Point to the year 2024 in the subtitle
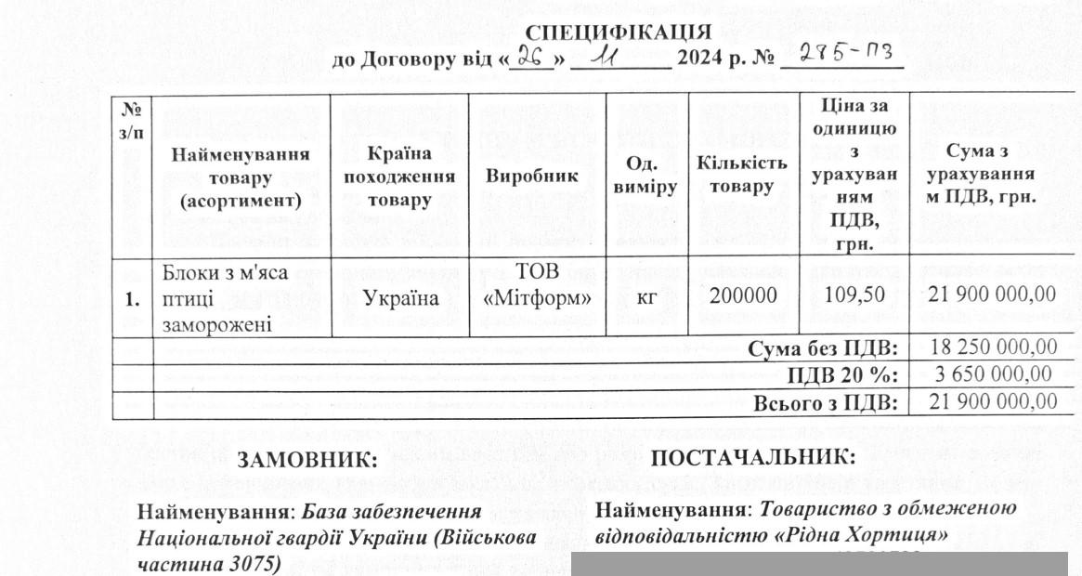(706, 59)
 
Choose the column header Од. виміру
(645, 175)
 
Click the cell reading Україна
(400, 298)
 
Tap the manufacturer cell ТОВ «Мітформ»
(538, 286)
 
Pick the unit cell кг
(646, 297)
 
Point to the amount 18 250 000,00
(992, 347)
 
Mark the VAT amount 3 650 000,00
(992, 374)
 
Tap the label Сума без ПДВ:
(824, 347)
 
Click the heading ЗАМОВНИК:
(307, 460)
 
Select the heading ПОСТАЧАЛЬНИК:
(752, 456)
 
